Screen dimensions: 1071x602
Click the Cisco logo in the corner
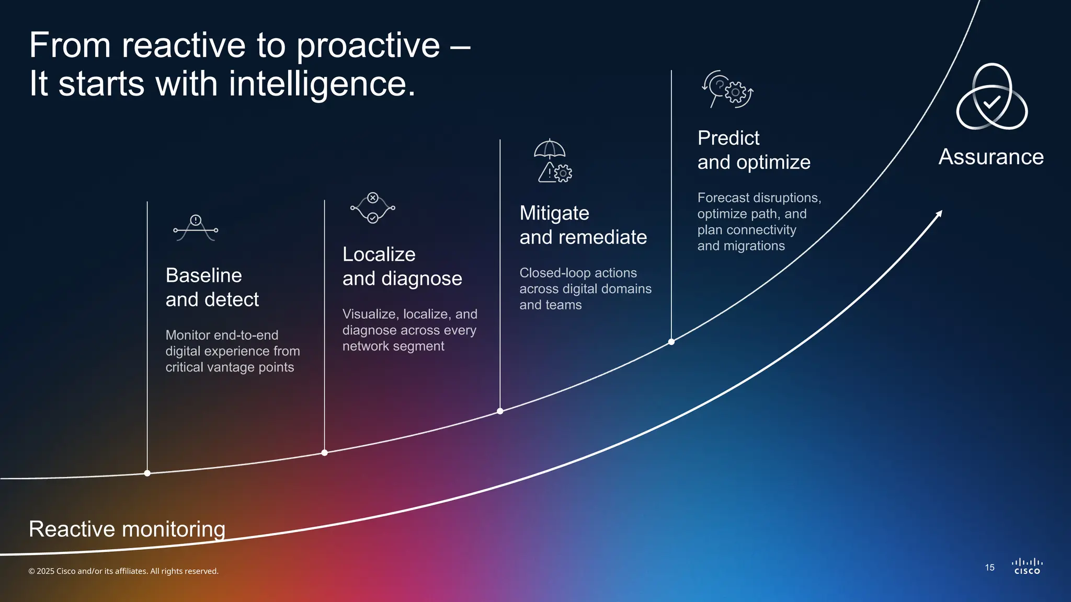[1027, 566]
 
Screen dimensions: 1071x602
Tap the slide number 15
[989, 568]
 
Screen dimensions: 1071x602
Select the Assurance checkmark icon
[992, 98]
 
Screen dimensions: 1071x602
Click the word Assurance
[991, 157]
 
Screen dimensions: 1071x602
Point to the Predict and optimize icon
[727, 90]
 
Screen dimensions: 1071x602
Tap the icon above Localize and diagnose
[373, 207]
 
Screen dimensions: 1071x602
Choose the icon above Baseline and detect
[196, 228]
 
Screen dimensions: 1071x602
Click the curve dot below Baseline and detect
[147, 473]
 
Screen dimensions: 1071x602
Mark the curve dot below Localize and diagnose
[325, 453]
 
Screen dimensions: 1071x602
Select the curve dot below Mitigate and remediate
[500, 411]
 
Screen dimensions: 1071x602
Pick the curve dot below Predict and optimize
[671, 342]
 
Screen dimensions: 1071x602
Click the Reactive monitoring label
[127, 529]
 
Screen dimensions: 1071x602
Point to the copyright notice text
[123, 571]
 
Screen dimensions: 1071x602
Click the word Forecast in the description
[724, 198]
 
